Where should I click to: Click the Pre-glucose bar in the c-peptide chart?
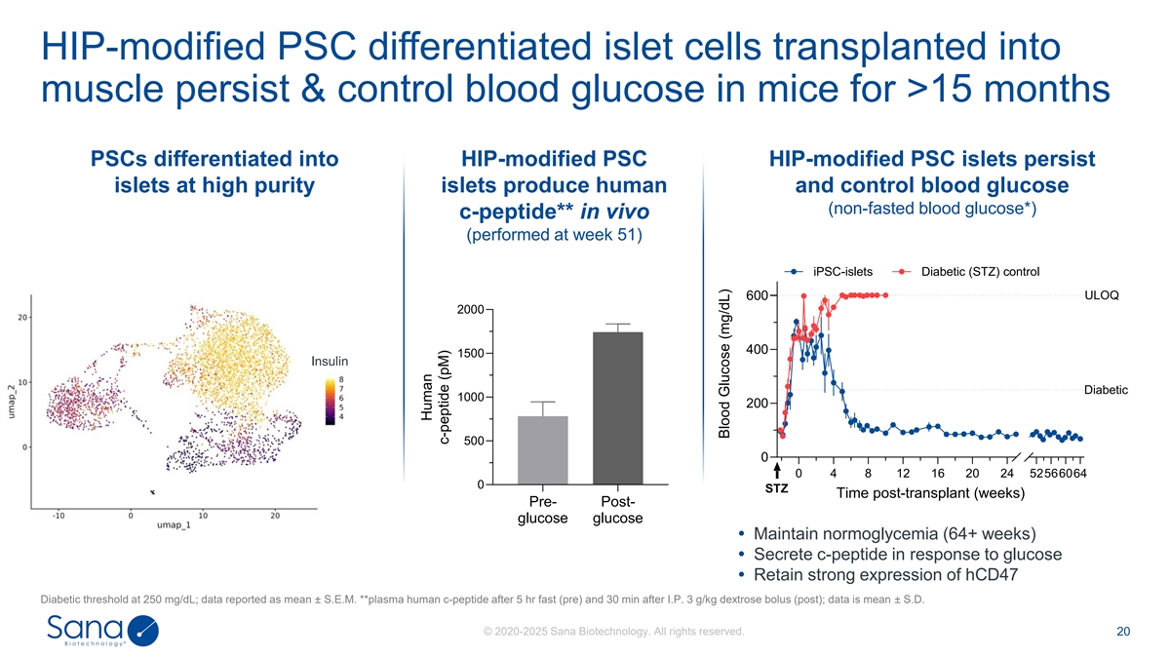[x=542, y=449]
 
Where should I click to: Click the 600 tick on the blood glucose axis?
[x=759, y=295]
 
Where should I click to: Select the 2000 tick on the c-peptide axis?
[x=470, y=310]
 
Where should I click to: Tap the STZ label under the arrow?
[x=777, y=488]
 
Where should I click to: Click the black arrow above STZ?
[x=777, y=472]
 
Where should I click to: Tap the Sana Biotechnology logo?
[x=101, y=632]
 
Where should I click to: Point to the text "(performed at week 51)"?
[x=553, y=237]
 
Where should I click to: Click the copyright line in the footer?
[x=613, y=633]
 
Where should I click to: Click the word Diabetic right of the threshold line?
[x=1106, y=390]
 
